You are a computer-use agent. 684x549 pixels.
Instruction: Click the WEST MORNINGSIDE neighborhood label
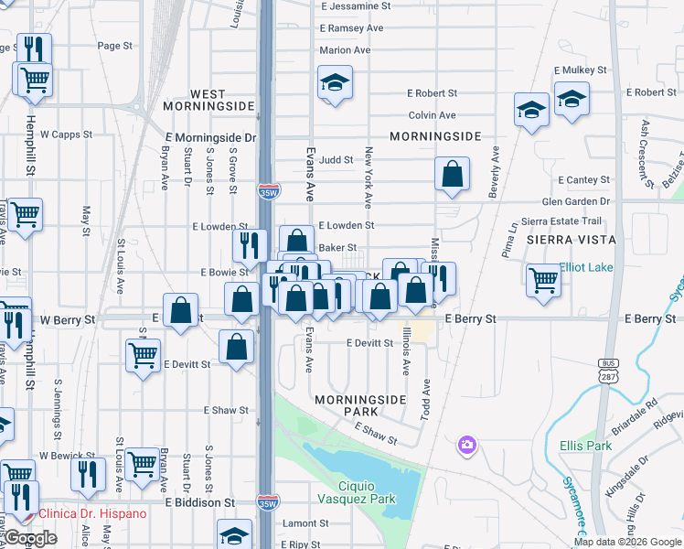(221, 101)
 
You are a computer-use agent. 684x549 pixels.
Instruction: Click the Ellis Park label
(585, 447)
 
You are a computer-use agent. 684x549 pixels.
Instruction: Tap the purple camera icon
(467, 445)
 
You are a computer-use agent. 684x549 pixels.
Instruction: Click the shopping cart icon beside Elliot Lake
(543, 279)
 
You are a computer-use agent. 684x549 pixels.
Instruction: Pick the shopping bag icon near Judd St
(452, 173)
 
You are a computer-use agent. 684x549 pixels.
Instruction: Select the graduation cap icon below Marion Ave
(335, 83)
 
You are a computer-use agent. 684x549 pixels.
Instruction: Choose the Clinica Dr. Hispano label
(91, 513)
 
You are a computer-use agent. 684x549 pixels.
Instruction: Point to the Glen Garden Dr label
(575, 201)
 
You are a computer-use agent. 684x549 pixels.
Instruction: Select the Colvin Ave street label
(432, 115)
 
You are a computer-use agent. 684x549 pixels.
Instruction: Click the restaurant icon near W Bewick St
(88, 471)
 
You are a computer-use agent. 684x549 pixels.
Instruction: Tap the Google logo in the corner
(31, 539)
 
